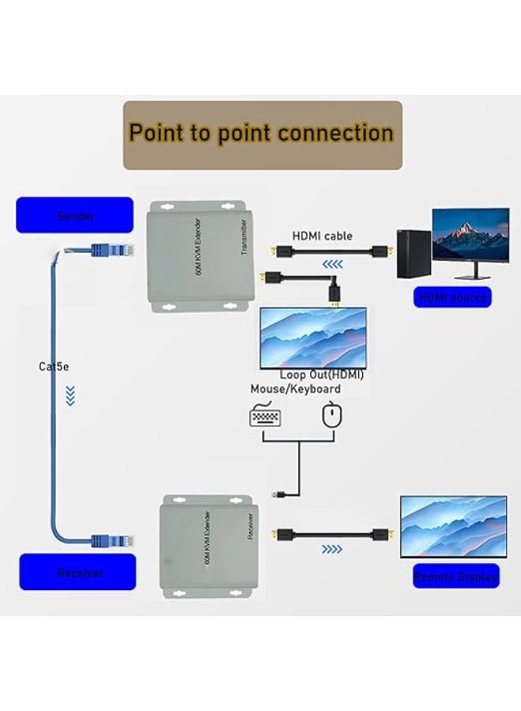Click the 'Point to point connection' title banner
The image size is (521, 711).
point(261,134)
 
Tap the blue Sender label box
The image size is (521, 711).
point(75,215)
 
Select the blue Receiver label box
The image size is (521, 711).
point(77,572)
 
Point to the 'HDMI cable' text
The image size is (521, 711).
point(322,235)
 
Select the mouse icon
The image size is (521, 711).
point(332,416)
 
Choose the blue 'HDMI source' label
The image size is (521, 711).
point(452,298)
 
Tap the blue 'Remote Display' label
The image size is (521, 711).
point(455,577)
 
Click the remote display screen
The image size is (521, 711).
point(453,526)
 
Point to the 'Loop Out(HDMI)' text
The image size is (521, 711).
point(321,374)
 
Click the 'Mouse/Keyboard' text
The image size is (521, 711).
point(295,389)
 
